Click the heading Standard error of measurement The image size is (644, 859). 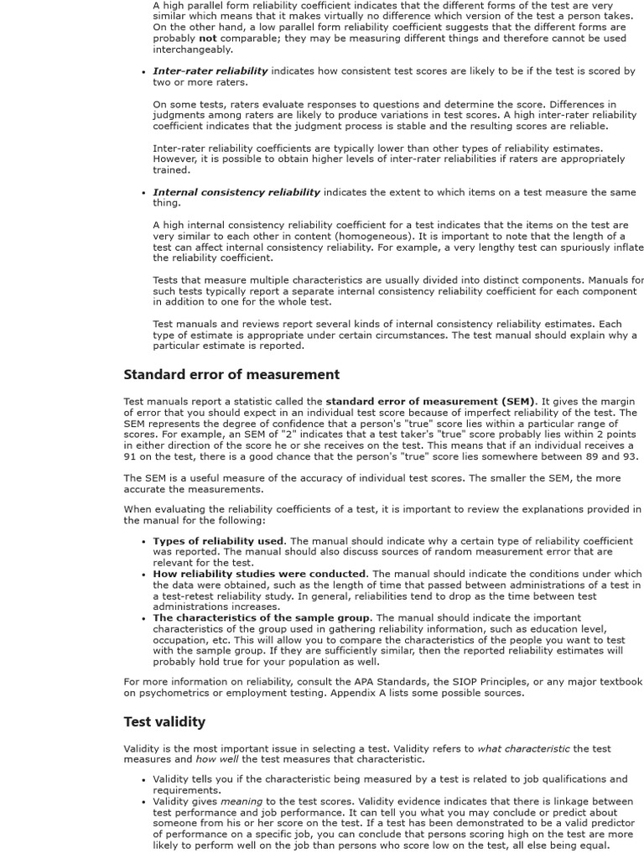231,374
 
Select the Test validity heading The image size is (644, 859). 164,721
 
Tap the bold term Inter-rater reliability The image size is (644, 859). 210,71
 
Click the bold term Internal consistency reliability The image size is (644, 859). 236,192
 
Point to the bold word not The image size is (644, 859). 207,39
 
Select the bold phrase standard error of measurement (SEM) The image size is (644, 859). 430,402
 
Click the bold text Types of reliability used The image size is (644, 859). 218,541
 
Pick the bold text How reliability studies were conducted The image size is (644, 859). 258,574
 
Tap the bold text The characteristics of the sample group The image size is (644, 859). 261,618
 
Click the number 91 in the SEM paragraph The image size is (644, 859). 130,457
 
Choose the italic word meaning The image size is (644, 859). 241,801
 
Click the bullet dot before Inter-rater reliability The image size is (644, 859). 144,72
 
